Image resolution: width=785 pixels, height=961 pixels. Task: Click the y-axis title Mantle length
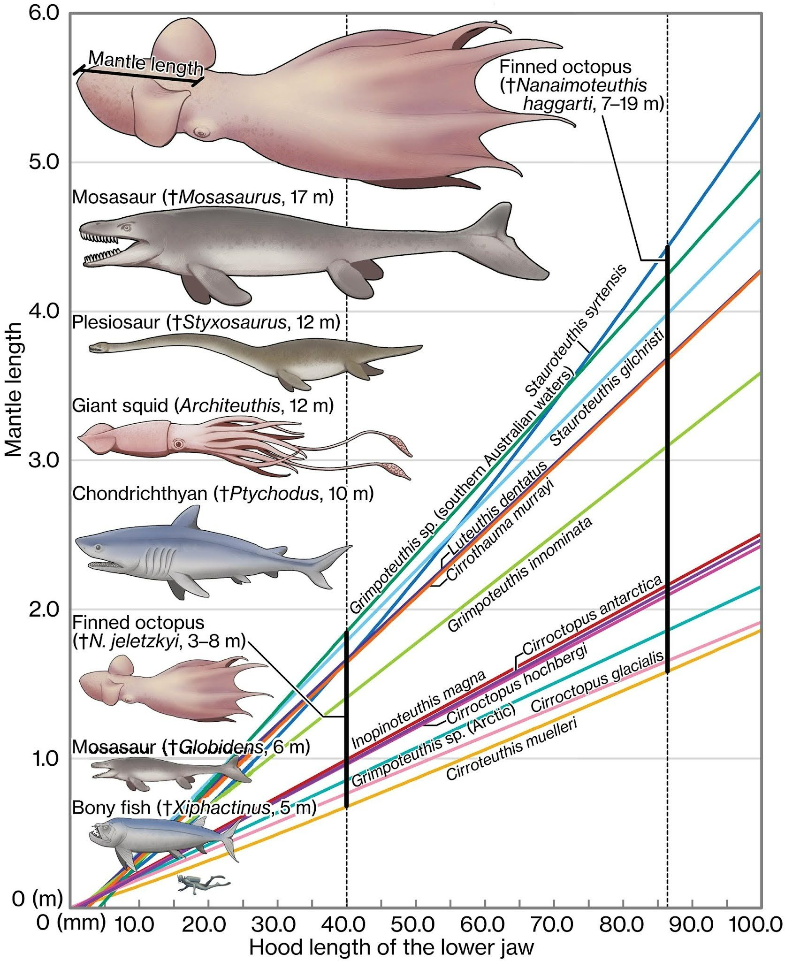tap(14, 389)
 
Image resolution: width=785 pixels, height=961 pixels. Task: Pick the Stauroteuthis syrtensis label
tap(575, 330)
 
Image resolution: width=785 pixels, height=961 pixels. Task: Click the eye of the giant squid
tap(178, 443)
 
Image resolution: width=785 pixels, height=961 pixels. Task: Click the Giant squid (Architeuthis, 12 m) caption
tap(203, 405)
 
